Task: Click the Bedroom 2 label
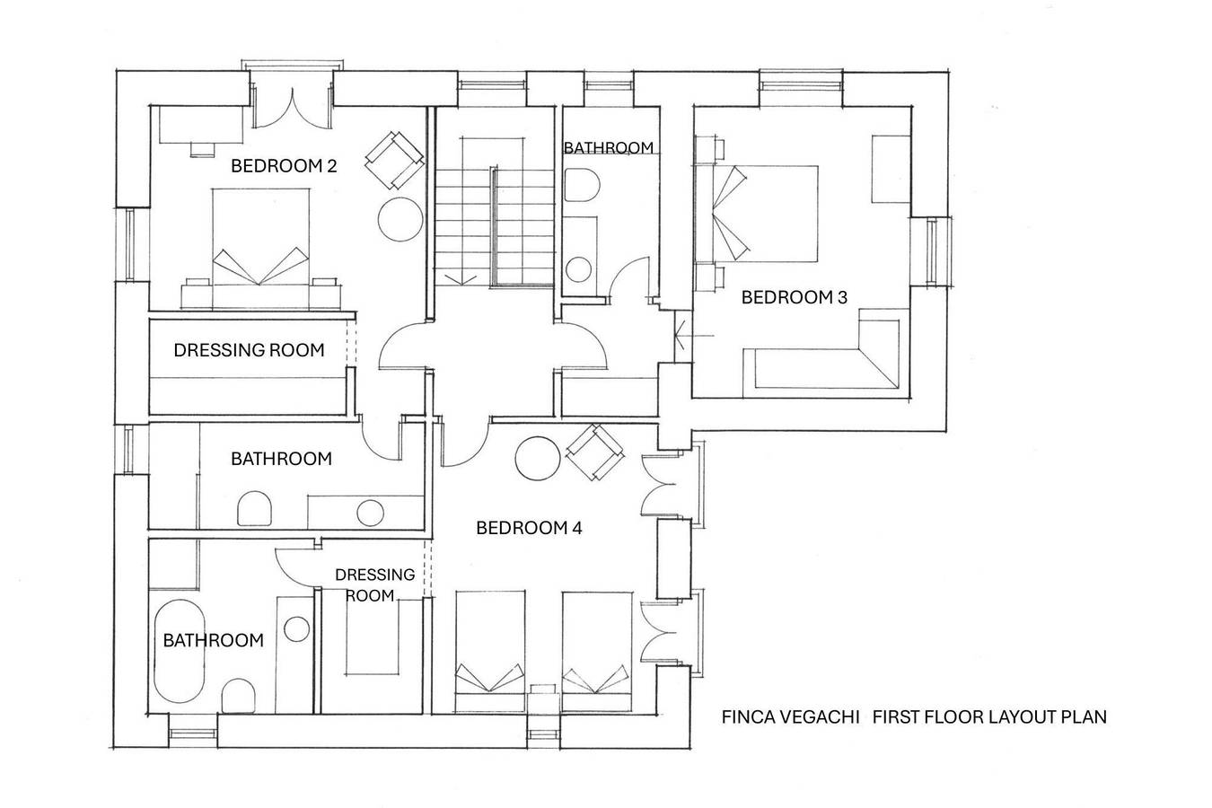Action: (284, 165)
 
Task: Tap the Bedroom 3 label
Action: (794, 297)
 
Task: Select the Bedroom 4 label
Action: (529, 528)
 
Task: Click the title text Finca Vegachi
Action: (790, 717)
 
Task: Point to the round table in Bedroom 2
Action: (400, 219)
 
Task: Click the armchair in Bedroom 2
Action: (394, 160)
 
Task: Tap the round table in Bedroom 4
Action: (537, 459)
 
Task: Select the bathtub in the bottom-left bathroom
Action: (180, 651)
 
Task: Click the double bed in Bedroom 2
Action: (261, 249)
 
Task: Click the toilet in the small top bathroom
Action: (581, 185)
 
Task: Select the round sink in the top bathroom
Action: (578, 269)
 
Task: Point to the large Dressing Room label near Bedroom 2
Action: (249, 350)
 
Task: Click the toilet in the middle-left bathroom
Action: (254, 509)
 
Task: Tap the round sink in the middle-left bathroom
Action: (371, 513)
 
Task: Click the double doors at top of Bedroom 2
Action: (293, 109)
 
